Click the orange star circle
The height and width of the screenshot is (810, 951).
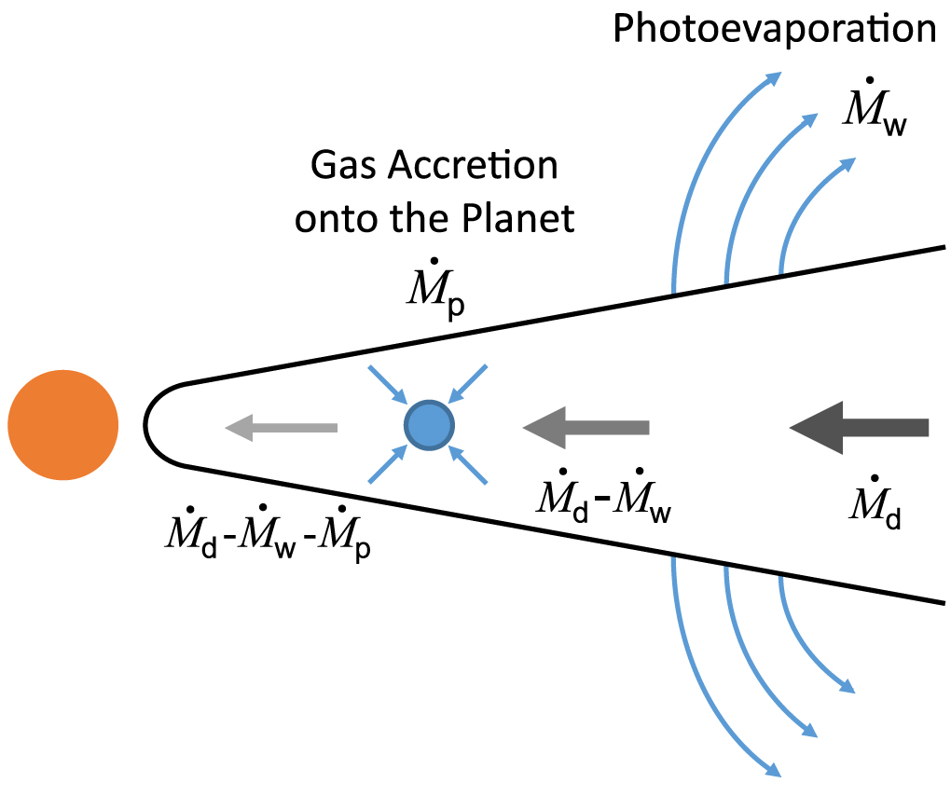click(63, 425)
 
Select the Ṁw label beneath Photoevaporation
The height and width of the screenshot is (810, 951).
click(873, 114)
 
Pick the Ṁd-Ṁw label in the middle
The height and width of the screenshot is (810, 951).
click(602, 504)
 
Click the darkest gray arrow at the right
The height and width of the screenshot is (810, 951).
click(859, 427)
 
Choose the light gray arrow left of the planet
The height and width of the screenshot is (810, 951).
click(281, 427)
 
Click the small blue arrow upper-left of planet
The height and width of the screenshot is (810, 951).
click(386, 384)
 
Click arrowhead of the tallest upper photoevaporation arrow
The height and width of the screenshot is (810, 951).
click(772, 76)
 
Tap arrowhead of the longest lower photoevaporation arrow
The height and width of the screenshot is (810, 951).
click(772, 770)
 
